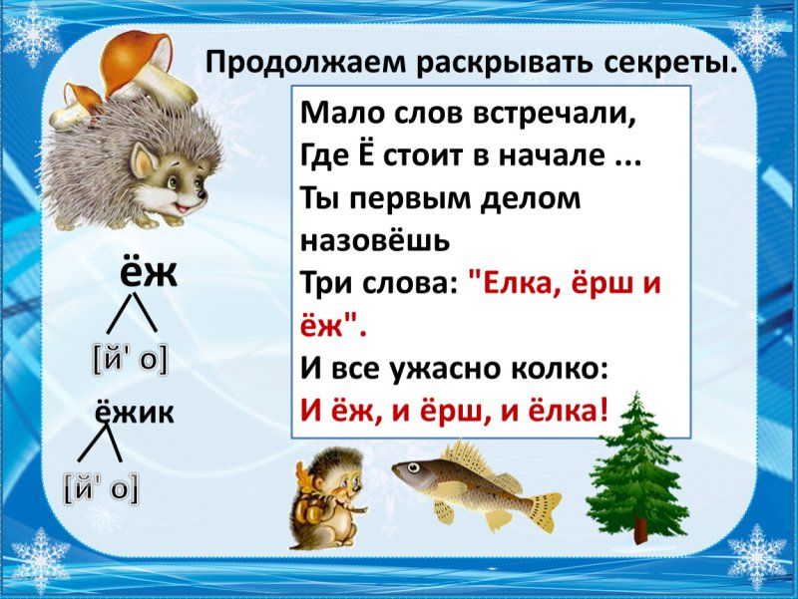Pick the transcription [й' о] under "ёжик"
pos(101,488)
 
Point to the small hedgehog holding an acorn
pos(330,497)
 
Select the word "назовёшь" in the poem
pos(375,240)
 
